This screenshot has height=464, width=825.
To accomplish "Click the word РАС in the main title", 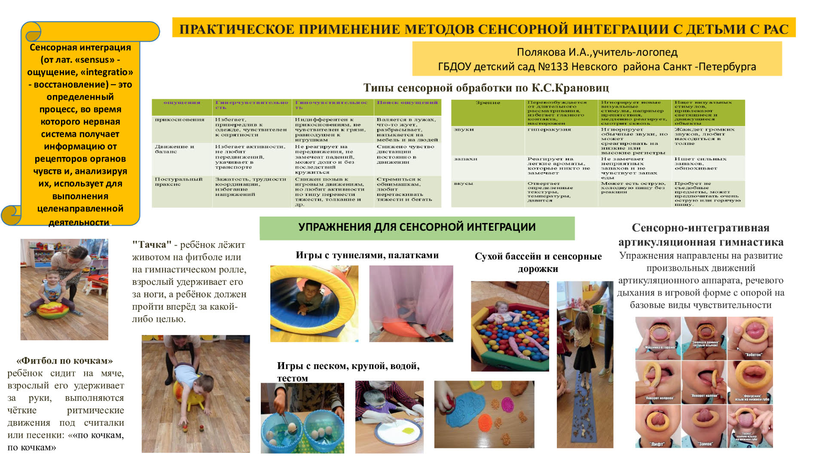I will pos(776,29).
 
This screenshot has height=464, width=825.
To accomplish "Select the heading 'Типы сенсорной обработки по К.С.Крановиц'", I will pos(486,88).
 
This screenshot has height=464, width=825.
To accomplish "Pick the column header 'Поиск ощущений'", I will pos(407,103).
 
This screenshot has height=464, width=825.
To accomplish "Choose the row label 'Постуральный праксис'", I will pos(178,182).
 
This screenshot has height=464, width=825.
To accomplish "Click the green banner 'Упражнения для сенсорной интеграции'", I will pos(417,227).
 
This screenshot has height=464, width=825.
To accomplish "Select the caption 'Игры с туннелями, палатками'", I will pos(367,255).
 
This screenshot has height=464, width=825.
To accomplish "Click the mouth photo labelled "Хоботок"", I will pos(750,338).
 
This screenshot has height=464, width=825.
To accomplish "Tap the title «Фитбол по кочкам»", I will pos(64,361).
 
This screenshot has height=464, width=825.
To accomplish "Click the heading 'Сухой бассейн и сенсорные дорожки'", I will pos(538,263).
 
